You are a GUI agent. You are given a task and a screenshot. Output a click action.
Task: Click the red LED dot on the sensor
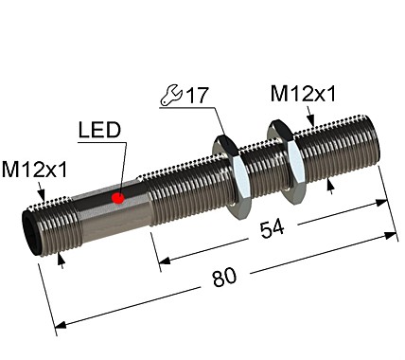pos(118,197)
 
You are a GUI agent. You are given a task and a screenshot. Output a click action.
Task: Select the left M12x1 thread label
pos(34,171)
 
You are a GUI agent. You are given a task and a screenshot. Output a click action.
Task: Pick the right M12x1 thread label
pos(303,93)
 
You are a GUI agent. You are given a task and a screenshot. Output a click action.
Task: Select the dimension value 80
pos(225,277)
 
